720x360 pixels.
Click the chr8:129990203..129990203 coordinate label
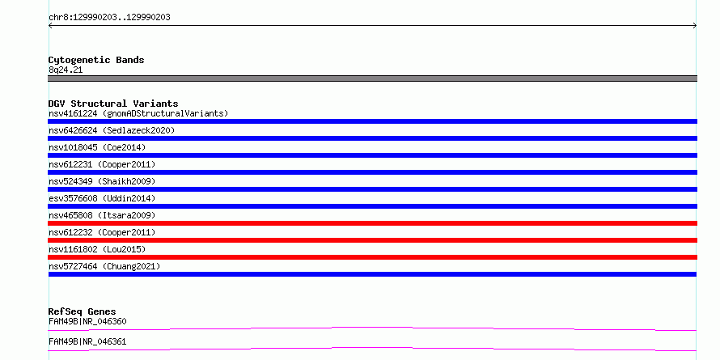(109, 18)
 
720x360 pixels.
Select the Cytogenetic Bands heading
(96, 60)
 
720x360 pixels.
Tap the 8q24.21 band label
(66, 70)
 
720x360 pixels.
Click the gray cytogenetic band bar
(372, 78)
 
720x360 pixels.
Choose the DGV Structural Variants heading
(113, 104)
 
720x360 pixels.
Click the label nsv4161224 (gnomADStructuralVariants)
(138, 113)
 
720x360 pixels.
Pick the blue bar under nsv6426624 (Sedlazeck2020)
(372, 138)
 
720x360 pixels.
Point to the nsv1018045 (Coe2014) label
(97, 147)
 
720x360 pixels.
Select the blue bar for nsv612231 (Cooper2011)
(372, 172)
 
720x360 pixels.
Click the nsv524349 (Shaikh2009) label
(102, 181)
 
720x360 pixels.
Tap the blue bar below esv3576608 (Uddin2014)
(372, 206)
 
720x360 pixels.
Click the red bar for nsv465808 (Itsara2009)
(372, 223)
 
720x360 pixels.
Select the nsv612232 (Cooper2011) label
(102, 232)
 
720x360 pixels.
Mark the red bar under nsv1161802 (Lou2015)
(372, 257)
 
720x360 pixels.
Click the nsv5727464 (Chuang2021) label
(104, 266)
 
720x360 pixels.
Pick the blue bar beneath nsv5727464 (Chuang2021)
(372, 274)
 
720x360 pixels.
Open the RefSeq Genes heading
(83, 311)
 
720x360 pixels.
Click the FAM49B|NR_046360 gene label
(87, 321)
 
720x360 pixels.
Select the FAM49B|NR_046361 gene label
(87, 341)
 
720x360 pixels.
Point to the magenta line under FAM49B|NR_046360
(372, 328)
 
